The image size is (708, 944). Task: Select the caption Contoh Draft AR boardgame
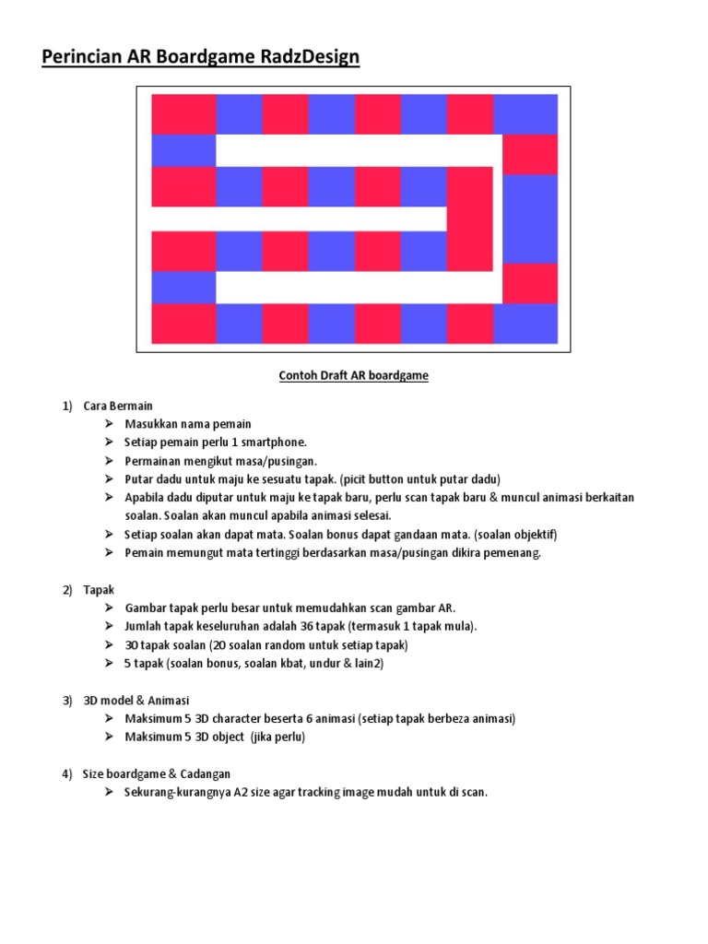(x=354, y=376)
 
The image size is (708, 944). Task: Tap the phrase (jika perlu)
(x=277, y=737)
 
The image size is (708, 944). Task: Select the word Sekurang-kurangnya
(x=174, y=792)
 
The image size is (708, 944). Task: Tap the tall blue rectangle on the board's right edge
(x=530, y=218)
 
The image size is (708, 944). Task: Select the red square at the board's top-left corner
(x=183, y=113)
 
